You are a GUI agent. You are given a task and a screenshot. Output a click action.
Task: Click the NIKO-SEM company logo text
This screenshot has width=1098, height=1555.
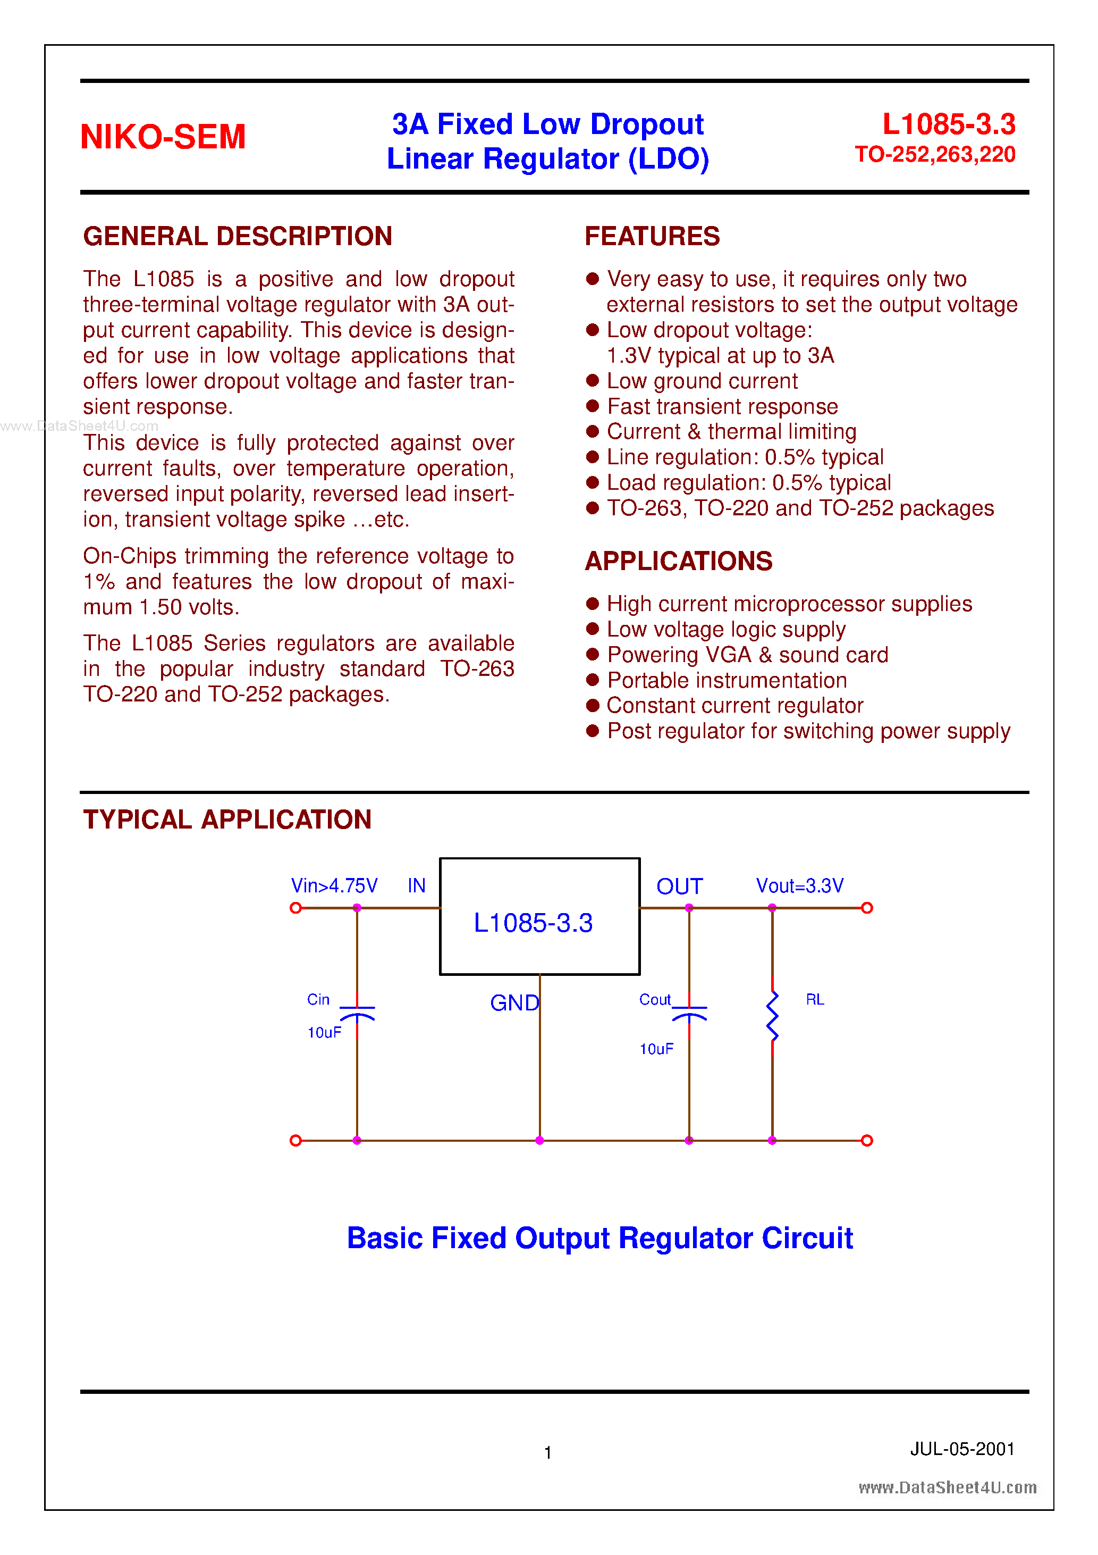(x=163, y=137)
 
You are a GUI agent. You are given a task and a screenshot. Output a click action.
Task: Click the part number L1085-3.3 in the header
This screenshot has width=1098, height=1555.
(x=949, y=124)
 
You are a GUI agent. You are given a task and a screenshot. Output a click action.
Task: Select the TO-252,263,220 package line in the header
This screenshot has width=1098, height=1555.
(x=935, y=155)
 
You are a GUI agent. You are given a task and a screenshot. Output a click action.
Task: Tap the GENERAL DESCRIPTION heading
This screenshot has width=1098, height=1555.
(x=238, y=236)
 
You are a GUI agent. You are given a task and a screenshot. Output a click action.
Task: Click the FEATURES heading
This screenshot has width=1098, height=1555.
(x=652, y=236)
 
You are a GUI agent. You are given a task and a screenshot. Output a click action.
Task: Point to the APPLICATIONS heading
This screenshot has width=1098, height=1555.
(x=678, y=562)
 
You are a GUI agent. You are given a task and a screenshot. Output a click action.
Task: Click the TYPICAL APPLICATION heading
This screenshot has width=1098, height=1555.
(x=227, y=820)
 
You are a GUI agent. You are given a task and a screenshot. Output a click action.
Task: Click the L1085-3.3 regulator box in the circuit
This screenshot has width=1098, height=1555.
(x=539, y=916)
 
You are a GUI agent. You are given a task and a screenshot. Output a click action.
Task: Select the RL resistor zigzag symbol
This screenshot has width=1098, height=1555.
(x=772, y=1016)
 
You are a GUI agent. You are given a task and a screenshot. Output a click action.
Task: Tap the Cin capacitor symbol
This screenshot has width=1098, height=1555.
(x=357, y=1013)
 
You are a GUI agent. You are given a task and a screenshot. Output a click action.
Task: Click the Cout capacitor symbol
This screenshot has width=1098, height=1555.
(x=689, y=1013)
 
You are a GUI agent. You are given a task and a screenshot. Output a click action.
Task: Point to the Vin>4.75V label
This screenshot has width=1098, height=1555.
(x=334, y=886)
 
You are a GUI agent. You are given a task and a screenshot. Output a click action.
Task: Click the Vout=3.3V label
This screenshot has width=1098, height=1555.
(x=799, y=886)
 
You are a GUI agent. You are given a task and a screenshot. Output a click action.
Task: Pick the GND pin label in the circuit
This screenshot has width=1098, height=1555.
(x=514, y=1003)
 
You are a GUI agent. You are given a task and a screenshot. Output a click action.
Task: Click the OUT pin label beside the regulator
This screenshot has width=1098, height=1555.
(x=679, y=887)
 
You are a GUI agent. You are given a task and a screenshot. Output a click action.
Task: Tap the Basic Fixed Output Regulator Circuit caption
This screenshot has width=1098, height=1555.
(x=600, y=1238)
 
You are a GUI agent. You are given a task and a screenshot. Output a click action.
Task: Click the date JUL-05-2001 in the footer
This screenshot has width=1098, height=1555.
(x=962, y=1449)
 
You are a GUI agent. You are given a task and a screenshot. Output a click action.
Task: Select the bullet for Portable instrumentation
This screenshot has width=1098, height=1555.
(x=593, y=680)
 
